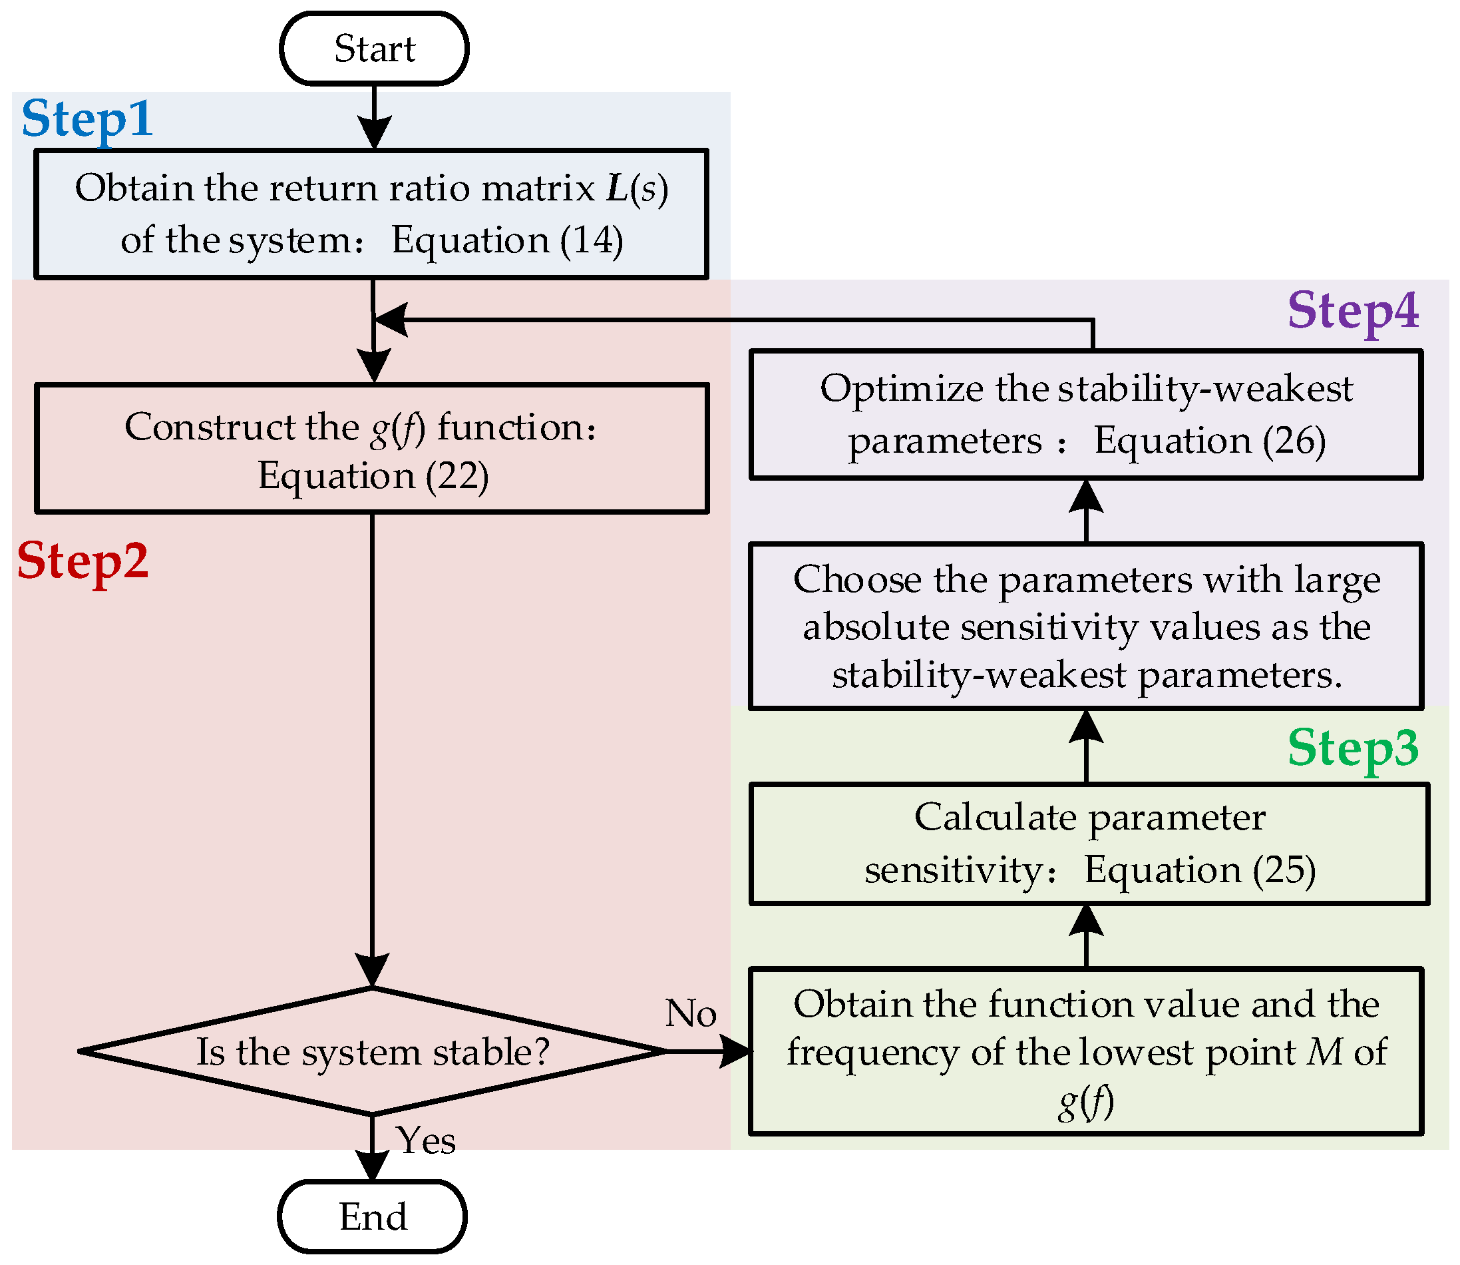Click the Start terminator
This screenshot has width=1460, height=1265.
374,48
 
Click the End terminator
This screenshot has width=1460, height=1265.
373,1216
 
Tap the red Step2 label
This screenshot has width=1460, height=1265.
83,561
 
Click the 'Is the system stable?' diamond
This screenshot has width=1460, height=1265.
372,1051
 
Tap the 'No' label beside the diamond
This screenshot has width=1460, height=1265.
690,1013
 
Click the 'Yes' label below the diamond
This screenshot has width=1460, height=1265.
425,1140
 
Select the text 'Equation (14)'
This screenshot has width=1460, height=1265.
506,241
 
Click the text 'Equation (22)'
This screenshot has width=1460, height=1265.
373,476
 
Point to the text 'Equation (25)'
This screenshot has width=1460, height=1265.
1200,870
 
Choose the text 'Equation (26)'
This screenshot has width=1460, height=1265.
1210,441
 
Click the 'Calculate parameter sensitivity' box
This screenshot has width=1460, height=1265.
1089,844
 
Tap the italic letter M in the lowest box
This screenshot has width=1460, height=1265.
1324,1052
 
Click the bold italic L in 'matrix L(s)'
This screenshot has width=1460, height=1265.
618,188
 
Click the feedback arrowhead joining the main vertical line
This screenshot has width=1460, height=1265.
390,320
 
